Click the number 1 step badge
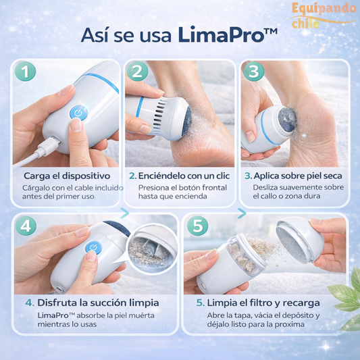tap(25, 71)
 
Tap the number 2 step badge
tap(137, 71)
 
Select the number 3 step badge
tap(254, 71)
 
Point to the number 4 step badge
tap(26, 226)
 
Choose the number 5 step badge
tap(198, 226)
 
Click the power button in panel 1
tap(78, 113)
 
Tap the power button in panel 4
tap(93, 247)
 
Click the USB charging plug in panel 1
tap(49, 147)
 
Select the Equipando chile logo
tap(322, 16)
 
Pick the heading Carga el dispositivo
tap(67, 176)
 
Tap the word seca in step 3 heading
tap(333, 176)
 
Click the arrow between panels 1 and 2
tap(124, 213)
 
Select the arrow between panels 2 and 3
tap(242, 213)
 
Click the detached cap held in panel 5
tap(300, 240)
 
